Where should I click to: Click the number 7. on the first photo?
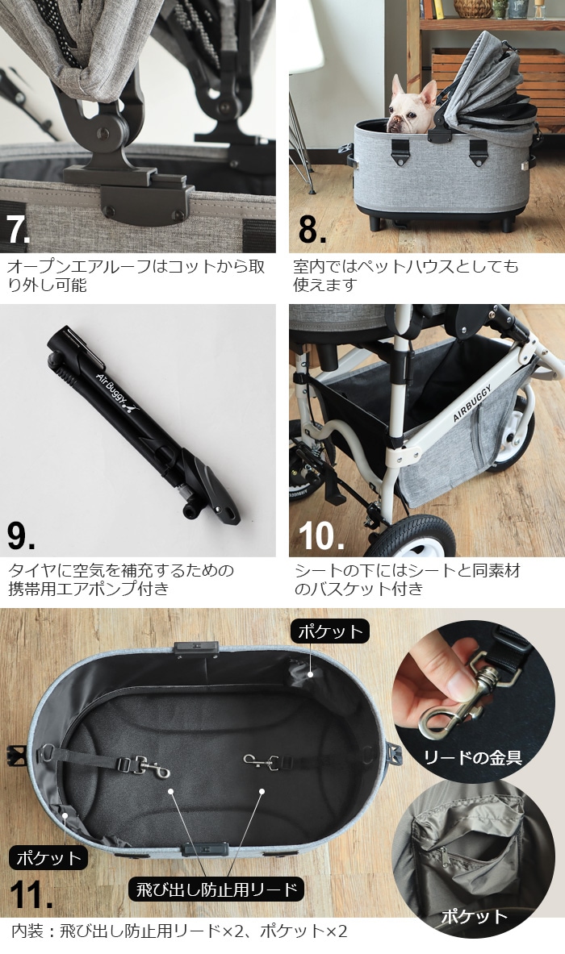pyautogui.click(x=19, y=227)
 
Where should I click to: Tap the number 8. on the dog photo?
pyautogui.click(x=311, y=227)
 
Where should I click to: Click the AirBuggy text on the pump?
pyautogui.click(x=113, y=385)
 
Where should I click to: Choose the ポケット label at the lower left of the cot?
pyautogui.click(x=48, y=857)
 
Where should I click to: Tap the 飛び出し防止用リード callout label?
pyautogui.click(x=216, y=889)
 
